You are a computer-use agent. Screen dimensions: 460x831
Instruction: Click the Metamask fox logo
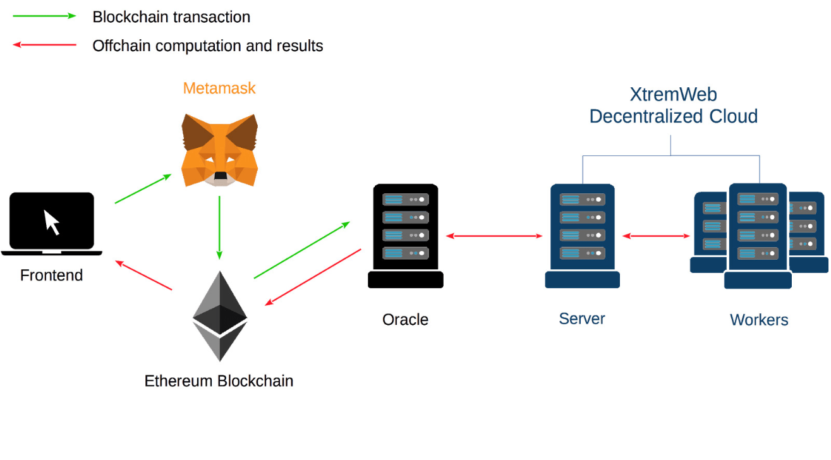(219, 150)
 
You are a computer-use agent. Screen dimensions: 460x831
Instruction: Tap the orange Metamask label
(219, 88)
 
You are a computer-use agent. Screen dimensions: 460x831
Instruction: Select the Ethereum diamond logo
(219, 316)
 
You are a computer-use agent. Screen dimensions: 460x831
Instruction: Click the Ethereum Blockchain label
(219, 381)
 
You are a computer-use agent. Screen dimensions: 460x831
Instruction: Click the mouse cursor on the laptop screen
(52, 222)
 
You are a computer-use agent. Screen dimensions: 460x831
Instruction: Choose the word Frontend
(52, 275)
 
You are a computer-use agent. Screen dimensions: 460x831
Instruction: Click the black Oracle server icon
(406, 236)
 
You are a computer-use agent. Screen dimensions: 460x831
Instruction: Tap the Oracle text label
(406, 320)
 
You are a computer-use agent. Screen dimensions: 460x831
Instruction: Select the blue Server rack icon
(582, 236)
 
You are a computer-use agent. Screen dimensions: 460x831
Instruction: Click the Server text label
(582, 318)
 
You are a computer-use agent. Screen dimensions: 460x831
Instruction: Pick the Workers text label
(759, 320)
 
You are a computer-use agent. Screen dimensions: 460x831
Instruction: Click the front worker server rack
(758, 236)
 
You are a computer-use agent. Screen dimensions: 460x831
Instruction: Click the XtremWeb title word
(673, 95)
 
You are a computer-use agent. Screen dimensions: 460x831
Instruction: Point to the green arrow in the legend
(44, 16)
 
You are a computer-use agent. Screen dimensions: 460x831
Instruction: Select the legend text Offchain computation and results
(207, 46)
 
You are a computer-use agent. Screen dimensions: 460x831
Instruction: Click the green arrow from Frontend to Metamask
(143, 189)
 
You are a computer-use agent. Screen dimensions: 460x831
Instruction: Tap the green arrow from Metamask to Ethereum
(219, 227)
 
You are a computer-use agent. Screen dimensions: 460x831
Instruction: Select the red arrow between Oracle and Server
(494, 236)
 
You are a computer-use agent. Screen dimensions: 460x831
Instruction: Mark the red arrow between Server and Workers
(656, 236)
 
